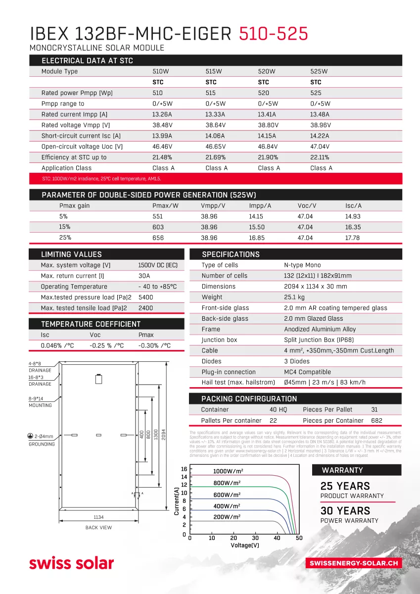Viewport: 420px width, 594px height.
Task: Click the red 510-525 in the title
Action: tap(274, 33)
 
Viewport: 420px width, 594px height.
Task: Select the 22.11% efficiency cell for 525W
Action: tap(320, 157)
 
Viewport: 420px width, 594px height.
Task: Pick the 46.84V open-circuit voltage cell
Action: tap(268, 147)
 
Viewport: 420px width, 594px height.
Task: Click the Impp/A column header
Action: tap(260, 205)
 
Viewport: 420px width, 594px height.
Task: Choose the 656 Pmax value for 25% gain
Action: tap(158, 238)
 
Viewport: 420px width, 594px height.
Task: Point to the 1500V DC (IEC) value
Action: tap(158, 265)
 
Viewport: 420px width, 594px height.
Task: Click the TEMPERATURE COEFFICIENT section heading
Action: tap(91, 324)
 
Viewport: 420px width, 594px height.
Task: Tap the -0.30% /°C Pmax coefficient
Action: tap(154, 346)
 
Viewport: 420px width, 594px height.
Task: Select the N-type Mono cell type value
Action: tap(302, 265)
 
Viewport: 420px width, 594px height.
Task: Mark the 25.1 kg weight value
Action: tap(294, 297)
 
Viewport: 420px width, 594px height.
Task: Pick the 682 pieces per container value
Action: tap(377, 420)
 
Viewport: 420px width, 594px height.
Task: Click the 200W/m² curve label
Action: tap(227, 516)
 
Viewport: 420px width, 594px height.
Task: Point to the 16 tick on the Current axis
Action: tap(184, 469)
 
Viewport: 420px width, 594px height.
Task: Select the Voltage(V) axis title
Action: tap(245, 545)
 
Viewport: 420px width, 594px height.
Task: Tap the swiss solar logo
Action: tap(71, 563)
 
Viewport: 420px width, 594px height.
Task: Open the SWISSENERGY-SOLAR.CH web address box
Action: tap(353, 563)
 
